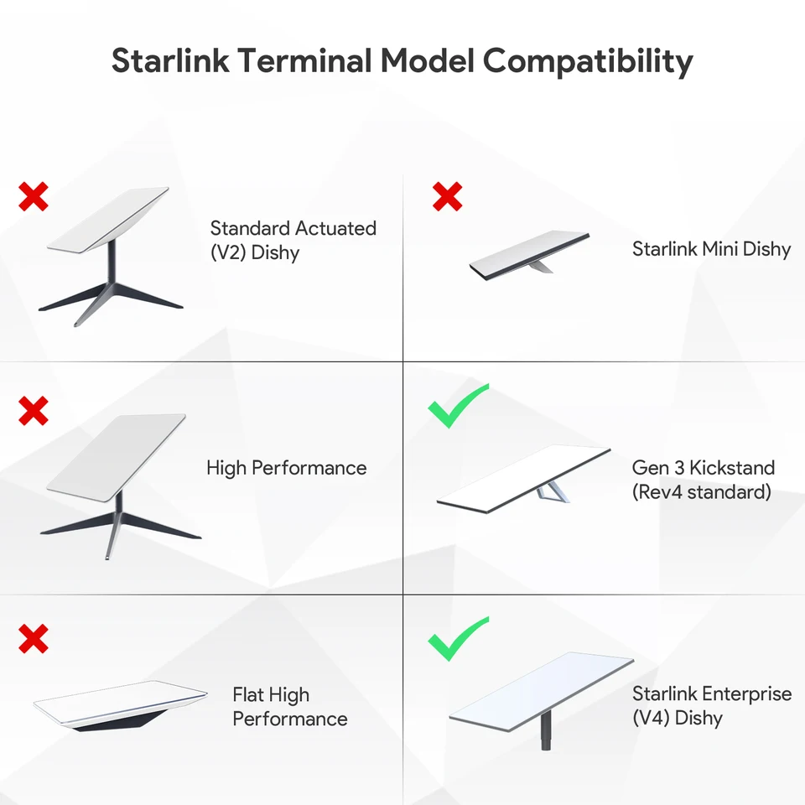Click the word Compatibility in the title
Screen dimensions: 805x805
click(x=588, y=62)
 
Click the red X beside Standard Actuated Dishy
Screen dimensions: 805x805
click(x=34, y=196)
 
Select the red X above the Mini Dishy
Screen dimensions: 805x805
click(x=447, y=196)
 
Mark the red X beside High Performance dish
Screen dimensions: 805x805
click(x=34, y=411)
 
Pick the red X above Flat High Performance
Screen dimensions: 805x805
click(x=34, y=639)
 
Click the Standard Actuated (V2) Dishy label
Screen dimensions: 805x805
click(x=293, y=240)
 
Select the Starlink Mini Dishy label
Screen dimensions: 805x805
click(x=711, y=249)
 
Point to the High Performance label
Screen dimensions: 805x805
click(x=286, y=468)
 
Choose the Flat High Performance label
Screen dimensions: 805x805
click(x=289, y=707)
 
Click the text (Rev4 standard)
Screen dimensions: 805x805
click(x=701, y=492)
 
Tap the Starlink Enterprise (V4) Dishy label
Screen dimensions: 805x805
click(x=711, y=706)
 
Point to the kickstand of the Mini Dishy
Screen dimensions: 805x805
click(x=541, y=265)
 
